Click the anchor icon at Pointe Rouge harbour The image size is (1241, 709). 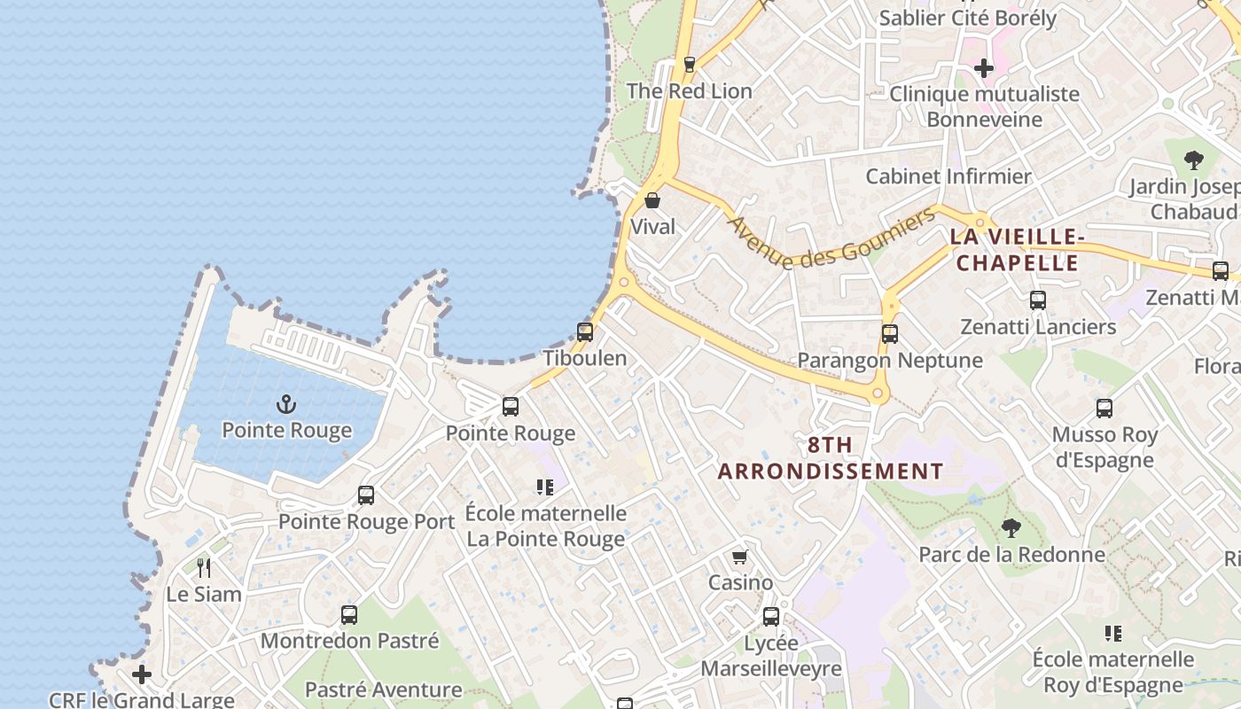click(x=285, y=405)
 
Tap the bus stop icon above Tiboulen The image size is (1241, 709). click(x=585, y=332)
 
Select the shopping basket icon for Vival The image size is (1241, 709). click(x=652, y=201)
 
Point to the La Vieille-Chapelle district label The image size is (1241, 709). click(x=1018, y=250)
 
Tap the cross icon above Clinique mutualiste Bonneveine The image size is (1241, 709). click(x=983, y=67)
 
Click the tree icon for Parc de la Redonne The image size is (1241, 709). click(x=1011, y=529)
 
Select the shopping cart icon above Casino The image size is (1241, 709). click(x=739, y=557)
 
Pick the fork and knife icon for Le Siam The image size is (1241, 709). click(x=204, y=568)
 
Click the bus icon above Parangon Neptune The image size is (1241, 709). click(x=890, y=334)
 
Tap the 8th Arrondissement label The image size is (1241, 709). click(x=830, y=458)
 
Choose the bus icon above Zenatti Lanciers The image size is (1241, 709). click(x=1038, y=300)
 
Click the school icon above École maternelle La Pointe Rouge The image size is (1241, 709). click(x=545, y=487)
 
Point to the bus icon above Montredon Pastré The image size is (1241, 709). click(x=349, y=614)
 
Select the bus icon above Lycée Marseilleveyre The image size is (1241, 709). click(x=771, y=617)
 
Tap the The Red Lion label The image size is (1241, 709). click(x=689, y=90)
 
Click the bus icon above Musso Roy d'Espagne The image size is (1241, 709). click(x=1104, y=409)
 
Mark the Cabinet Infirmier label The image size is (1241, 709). click(x=948, y=176)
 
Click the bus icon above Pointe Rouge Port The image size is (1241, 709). click(x=366, y=495)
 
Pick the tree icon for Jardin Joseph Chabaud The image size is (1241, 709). click(x=1193, y=160)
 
